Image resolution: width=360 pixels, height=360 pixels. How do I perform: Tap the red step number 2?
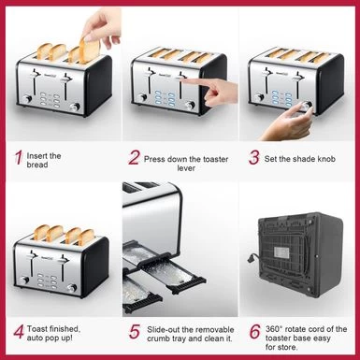click(x=135, y=158)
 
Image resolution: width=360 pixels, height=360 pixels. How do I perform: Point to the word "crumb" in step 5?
click(x=163, y=339)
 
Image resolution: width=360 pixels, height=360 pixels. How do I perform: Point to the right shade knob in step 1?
click(x=75, y=105)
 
